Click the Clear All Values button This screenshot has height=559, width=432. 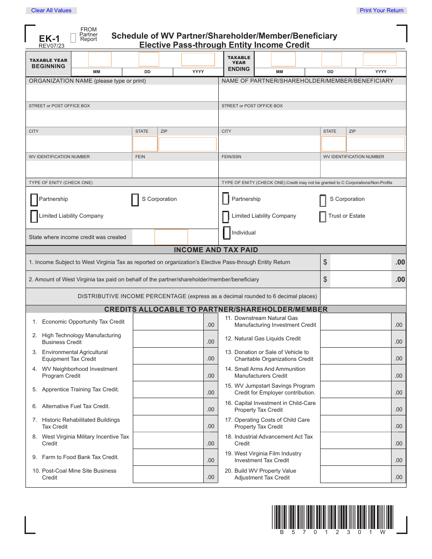pyautogui.click(x=51, y=10)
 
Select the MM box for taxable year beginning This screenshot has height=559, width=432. pyautogui.click(x=100, y=59)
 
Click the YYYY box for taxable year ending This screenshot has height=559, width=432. pyautogui.click(x=379, y=60)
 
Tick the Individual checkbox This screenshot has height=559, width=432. pyautogui.click(x=226, y=233)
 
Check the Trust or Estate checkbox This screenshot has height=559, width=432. pyautogui.click(x=323, y=216)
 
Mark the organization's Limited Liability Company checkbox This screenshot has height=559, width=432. pyautogui.click(x=34, y=216)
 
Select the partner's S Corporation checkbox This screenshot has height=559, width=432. pyautogui.click(x=323, y=200)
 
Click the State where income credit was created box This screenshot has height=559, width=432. pyautogui.click(x=171, y=237)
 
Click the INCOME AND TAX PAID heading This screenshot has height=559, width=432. pyautogui.click(x=216, y=250)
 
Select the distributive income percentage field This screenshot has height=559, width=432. pyautogui.click(x=363, y=296)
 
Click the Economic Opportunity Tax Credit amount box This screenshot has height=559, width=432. pyautogui.click(x=168, y=322)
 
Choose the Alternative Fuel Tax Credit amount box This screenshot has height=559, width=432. pyautogui.click(x=168, y=406)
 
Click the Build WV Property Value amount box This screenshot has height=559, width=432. pyautogui.click(x=356, y=474)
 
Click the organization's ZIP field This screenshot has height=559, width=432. pyautogui.click(x=187, y=144)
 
